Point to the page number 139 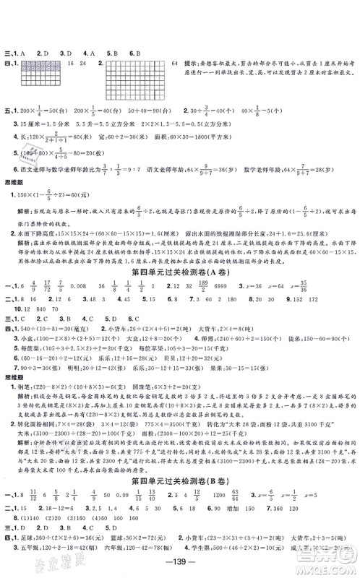(x=181, y=564)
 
